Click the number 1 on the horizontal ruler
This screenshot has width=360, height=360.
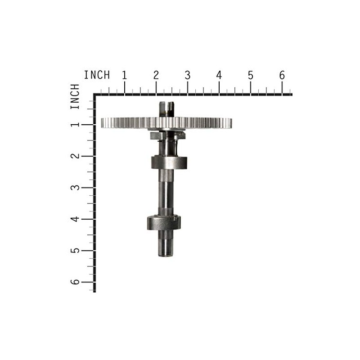point(125,76)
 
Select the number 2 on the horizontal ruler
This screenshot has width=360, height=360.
point(156,76)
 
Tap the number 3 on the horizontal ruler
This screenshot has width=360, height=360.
point(188,76)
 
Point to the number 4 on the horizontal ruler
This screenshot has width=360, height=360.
point(219,76)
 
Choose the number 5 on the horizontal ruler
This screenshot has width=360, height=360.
point(251,76)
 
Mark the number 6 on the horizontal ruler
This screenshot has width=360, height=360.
point(282,76)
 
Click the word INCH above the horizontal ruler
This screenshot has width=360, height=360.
point(97,75)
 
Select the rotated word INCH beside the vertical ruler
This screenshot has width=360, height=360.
point(75,96)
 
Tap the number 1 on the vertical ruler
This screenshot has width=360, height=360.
point(75,125)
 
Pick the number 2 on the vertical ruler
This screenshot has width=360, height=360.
point(75,156)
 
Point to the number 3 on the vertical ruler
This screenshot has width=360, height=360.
point(75,188)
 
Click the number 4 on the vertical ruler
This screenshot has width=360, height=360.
point(75,219)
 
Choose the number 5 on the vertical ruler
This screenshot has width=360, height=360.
point(75,251)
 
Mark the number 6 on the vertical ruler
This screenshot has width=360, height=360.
point(75,282)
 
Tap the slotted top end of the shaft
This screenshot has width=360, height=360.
point(166,108)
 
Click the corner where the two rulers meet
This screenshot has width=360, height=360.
point(95,95)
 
